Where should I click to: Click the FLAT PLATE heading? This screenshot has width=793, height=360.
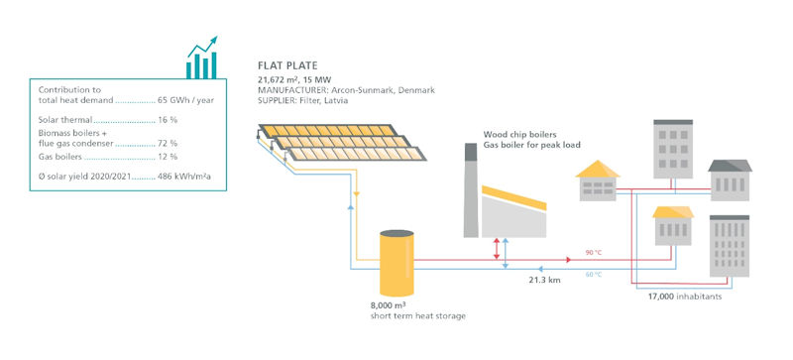[x=287, y=65]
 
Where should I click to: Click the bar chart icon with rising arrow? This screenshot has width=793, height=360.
[x=201, y=60]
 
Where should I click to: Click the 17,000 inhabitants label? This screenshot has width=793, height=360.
[x=683, y=296]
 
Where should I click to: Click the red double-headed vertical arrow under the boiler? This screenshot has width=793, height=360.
[x=497, y=249]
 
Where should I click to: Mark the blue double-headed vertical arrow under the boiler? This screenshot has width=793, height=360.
[x=506, y=252]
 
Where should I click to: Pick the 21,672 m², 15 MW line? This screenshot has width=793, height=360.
[x=299, y=79]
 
